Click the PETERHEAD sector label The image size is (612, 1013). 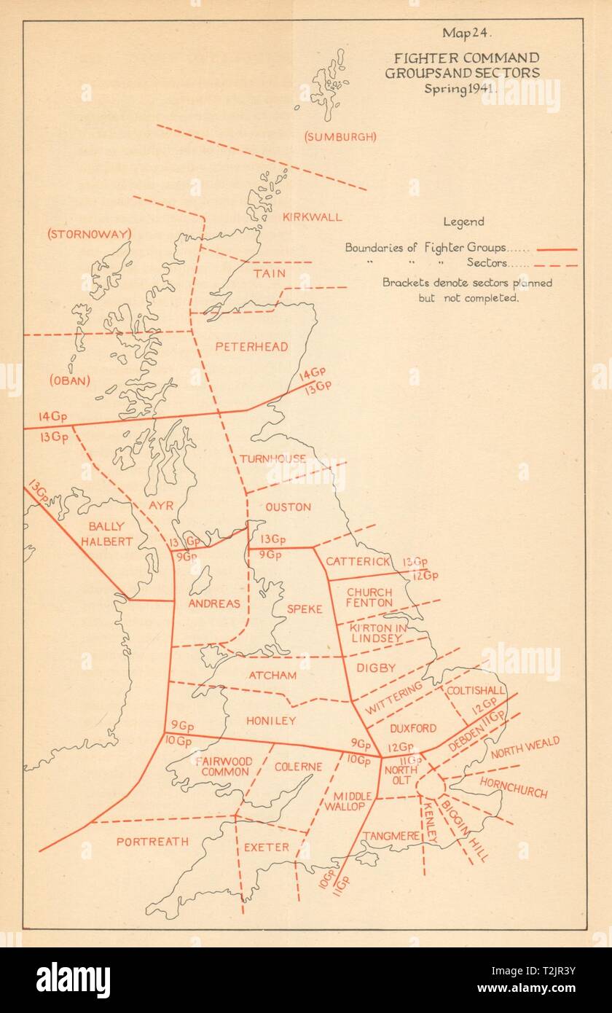point(251,347)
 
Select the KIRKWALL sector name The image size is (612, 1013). point(311,217)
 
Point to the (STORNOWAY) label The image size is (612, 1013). point(88,234)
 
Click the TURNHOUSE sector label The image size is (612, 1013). point(272,458)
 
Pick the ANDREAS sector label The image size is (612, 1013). point(213,603)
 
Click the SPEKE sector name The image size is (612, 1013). point(304,609)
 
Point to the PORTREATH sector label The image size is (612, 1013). point(152,841)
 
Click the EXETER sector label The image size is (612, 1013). point(267,848)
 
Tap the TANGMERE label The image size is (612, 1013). point(391,836)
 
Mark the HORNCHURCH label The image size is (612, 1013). point(514,787)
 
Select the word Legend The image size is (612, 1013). point(463,222)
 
